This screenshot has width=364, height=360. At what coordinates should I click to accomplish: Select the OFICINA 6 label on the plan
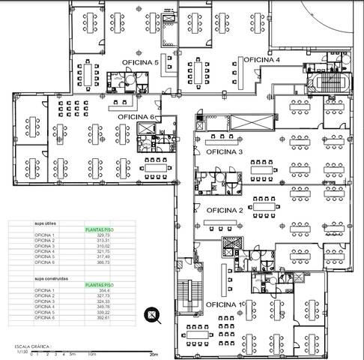click(136, 117)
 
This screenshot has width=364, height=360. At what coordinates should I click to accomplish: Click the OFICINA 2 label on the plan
click(225, 211)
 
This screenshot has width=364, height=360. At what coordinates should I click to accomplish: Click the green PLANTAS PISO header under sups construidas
click(99, 285)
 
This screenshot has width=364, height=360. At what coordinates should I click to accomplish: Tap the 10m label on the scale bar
click(91, 353)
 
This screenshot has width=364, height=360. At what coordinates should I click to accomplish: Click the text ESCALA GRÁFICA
click(31, 346)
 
